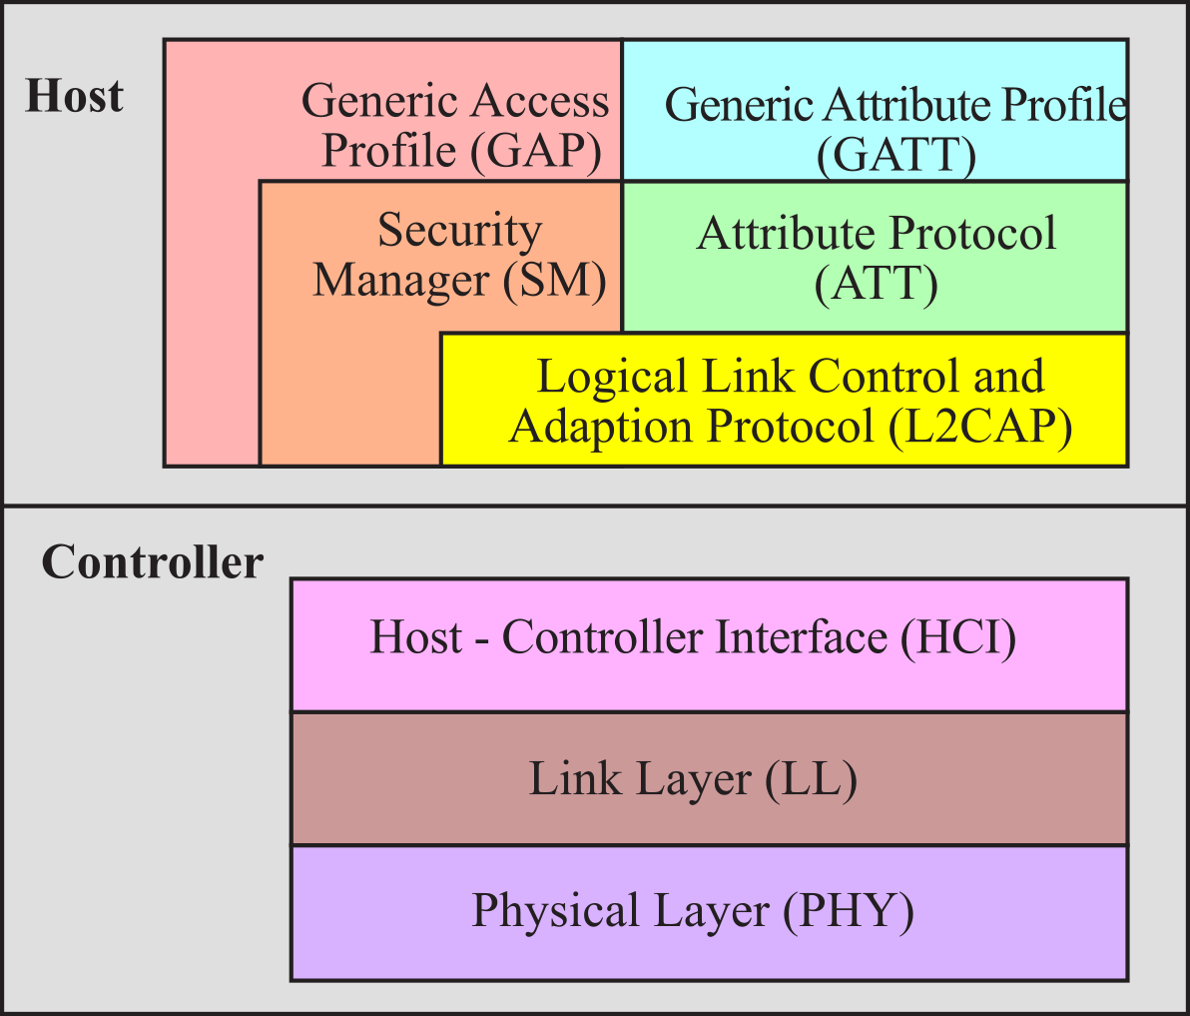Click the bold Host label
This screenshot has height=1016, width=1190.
click(74, 96)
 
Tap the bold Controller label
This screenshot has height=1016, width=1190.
click(153, 561)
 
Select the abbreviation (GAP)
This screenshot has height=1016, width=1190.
click(536, 150)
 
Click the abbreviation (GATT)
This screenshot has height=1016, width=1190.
click(896, 155)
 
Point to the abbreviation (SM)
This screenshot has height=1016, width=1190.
click(555, 280)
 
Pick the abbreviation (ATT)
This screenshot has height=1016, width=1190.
click(876, 284)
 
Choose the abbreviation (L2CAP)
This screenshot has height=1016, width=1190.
click(980, 427)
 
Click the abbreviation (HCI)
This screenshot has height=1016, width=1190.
click(958, 637)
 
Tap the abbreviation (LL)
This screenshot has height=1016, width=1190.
click(811, 780)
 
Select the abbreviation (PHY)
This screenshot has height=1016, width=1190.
click(849, 911)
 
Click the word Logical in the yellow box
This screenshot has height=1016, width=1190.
click(612, 378)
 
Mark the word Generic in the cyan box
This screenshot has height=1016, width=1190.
click(739, 105)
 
